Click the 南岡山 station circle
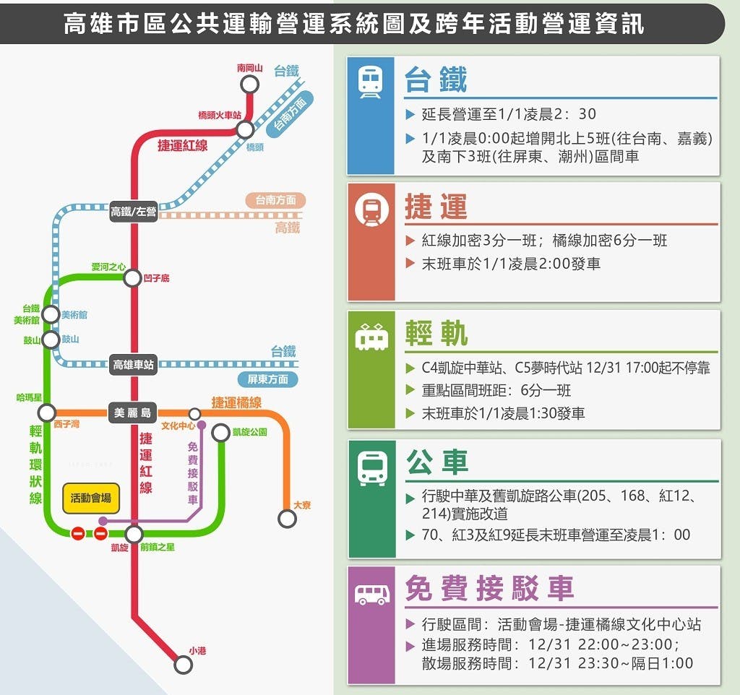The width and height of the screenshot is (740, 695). [x=249, y=85]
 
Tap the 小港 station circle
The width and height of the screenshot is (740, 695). [x=183, y=665]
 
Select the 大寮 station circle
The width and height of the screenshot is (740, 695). [x=287, y=519]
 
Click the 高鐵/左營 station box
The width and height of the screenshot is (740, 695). [x=134, y=211]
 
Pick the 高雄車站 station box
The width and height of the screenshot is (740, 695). [x=133, y=364]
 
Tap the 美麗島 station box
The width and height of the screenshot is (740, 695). [x=133, y=413]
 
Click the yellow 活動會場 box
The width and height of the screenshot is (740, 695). [x=90, y=498]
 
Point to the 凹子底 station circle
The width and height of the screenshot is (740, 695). [x=132, y=278]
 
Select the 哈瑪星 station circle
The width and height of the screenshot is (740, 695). [x=47, y=413]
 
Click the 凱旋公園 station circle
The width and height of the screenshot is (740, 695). [x=220, y=433]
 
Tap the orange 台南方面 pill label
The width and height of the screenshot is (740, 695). [x=275, y=200]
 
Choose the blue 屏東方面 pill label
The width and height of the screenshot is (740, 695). [x=267, y=379]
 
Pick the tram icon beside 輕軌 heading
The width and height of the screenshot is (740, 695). [x=371, y=337]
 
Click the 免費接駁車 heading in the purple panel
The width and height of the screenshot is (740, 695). [x=489, y=588]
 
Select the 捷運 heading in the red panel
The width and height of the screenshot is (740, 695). [x=436, y=207]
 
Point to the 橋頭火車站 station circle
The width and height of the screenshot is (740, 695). [x=245, y=129]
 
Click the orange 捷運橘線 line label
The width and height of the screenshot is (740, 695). [x=236, y=402]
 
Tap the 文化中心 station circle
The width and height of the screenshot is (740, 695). [x=194, y=414]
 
